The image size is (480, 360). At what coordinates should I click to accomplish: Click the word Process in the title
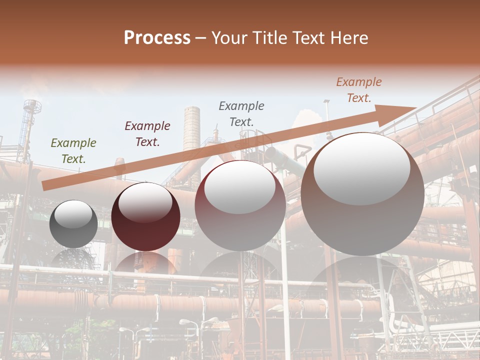click(157, 38)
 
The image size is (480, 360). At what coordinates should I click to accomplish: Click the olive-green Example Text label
click(73, 150)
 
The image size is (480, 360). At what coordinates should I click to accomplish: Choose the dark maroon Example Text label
click(147, 133)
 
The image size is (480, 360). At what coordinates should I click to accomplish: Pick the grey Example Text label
click(241, 113)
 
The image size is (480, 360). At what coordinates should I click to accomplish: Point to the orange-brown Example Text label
click(358, 90)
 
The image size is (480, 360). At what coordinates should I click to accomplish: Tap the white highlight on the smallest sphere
click(73, 214)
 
